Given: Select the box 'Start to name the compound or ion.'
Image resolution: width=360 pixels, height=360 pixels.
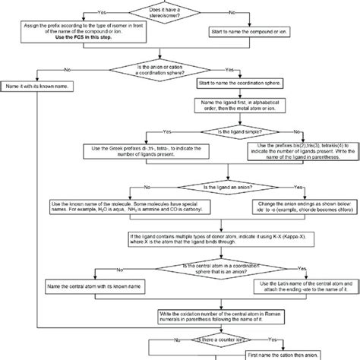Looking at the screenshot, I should (x=255, y=32).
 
